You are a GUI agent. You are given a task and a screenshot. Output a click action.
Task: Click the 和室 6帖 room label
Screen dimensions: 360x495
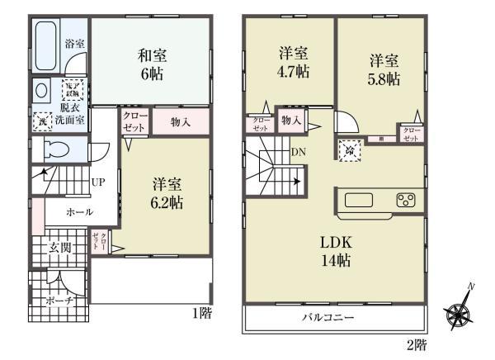point(150,64)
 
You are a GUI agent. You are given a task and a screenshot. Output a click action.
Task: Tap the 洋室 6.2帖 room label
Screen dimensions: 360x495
point(166,192)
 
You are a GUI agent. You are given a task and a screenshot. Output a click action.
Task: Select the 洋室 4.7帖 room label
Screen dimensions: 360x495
point(292,63)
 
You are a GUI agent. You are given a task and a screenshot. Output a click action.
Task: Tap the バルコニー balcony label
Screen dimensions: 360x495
point(328,317)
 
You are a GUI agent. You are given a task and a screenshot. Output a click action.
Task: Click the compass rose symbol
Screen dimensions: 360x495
point(458,312)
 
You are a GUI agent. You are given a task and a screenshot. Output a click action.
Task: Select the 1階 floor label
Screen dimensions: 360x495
point(200,312)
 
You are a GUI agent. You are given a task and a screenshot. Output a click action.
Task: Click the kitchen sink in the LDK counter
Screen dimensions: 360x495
point(360,200)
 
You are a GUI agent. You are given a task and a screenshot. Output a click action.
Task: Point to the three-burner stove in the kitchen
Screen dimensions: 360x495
point(406,200)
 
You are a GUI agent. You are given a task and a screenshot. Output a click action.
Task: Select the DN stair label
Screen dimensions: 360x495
point(298,152)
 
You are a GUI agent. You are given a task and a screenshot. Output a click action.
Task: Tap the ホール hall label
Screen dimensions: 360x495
point(80,212)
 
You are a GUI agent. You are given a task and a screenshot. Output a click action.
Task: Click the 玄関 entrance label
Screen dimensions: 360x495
point(59,247)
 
